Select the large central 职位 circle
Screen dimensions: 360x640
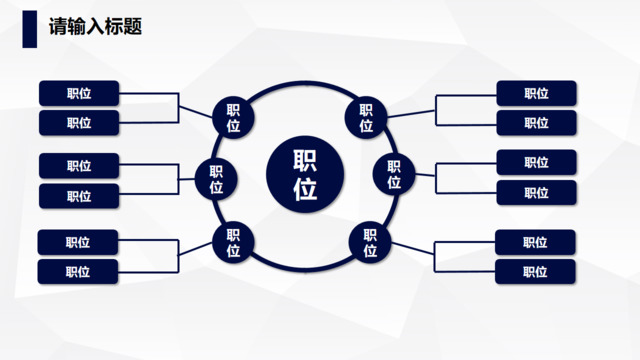click(305, 176)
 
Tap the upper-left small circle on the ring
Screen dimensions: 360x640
click(233, 118)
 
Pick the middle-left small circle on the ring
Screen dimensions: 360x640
click(216, 180)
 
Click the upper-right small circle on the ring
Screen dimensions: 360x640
click(366, 118)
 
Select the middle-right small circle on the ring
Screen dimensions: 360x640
click(394, 175)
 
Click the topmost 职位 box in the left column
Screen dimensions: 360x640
click(79, 93)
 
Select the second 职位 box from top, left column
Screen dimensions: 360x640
click(79, 123)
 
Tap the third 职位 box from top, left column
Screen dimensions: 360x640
click(79, 165)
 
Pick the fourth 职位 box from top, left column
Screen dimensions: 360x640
click(79, 196)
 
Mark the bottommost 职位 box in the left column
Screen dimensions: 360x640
click(78, 271)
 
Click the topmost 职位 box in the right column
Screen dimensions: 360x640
click(536, 93)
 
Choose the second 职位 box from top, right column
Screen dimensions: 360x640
click(536, 123)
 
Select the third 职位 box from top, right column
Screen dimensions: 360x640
click(536, 162)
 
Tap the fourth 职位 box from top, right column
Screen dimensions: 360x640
click(536, 193)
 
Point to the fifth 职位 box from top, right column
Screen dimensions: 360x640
click(535, 242)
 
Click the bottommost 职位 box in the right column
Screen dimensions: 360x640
click(535, 271)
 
